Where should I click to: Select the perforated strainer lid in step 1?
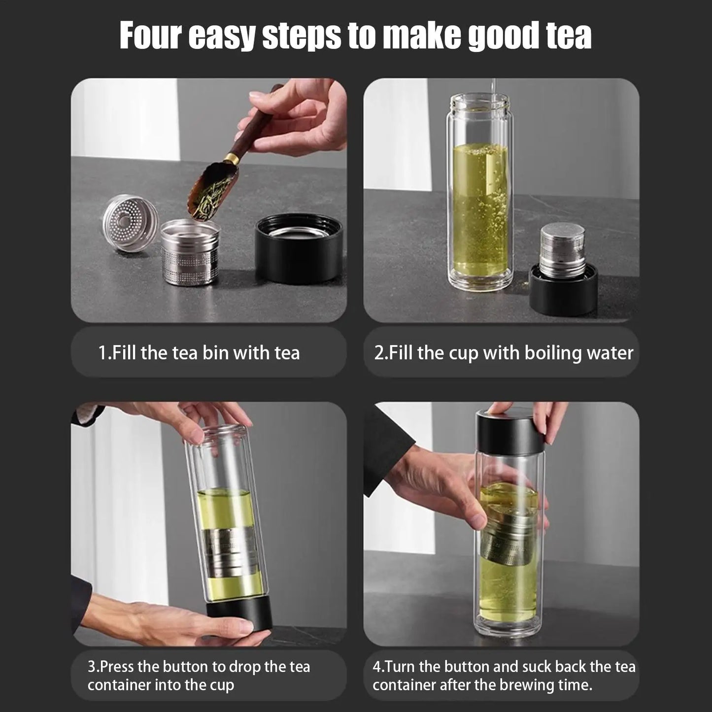[x=130, y=222]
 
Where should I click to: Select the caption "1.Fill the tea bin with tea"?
[x=199, y=353]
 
